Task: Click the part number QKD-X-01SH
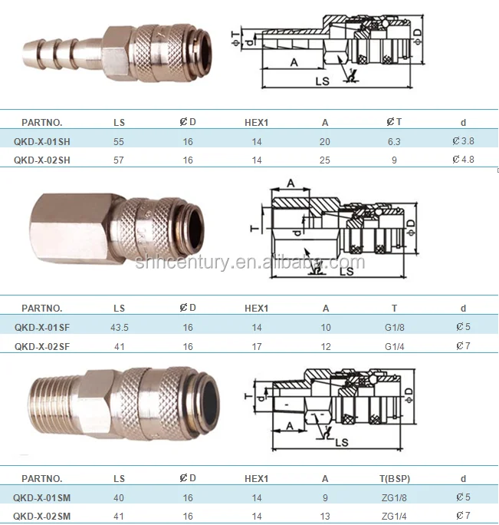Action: point(42,141)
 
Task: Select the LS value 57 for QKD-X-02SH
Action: point(119,160)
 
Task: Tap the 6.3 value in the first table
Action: point(395,141)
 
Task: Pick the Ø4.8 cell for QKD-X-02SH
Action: point(463,160)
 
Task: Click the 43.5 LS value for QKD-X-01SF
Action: point(119,327)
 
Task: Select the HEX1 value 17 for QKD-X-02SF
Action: point(256,346)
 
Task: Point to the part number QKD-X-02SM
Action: point(42,515)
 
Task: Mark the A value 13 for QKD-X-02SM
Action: point(326,515)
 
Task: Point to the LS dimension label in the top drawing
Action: point(322,80)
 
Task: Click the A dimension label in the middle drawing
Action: point(291,182)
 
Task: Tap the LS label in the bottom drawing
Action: point(342,443)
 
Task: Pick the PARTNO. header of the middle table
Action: point(42,308)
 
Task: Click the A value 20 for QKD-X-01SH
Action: point(326,141)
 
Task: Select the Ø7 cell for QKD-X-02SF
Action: point(463,346)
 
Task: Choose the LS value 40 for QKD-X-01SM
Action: point(119,497)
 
